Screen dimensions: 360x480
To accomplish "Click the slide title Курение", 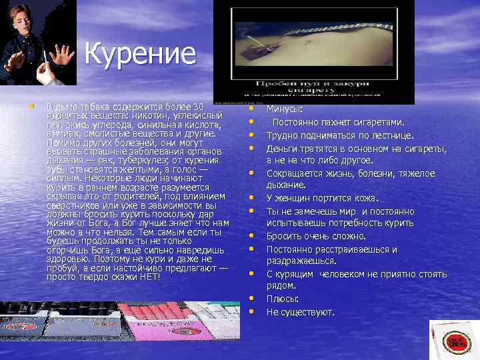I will (140, 55).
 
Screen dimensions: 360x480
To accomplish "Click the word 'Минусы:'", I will (284, 109).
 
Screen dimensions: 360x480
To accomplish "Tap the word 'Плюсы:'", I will (283, 299).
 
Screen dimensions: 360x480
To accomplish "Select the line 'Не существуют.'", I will (300, 312).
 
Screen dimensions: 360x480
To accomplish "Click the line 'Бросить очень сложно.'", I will (316, 236).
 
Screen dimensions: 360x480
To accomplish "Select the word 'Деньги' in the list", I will (281, 148).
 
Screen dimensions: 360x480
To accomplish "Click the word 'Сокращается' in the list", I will (295, 173).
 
